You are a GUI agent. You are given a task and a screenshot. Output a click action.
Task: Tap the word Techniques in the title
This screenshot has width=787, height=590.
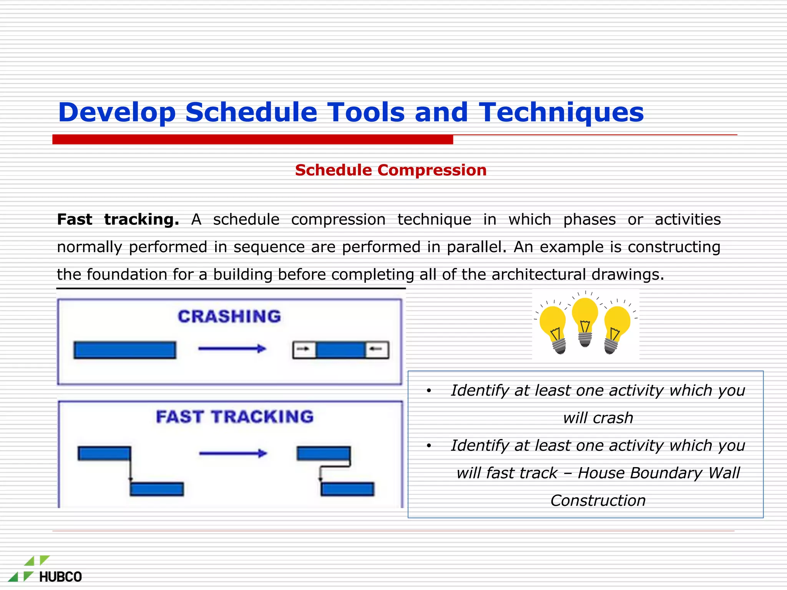[x=561, y=112]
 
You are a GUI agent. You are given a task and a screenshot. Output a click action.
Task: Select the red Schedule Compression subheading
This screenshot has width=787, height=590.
[x=390, y=170]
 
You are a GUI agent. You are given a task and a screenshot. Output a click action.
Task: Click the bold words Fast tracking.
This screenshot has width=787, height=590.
[x=118, y=220]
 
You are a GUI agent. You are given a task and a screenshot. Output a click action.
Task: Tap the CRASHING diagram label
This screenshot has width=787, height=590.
[x=229, y=317]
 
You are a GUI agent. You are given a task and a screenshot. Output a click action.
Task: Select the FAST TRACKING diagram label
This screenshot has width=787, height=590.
[x=235, y=417]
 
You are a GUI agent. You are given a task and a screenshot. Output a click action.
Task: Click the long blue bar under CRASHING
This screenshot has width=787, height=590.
[x=125, y=350]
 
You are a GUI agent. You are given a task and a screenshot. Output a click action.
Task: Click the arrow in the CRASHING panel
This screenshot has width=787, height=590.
[x=232, y=349]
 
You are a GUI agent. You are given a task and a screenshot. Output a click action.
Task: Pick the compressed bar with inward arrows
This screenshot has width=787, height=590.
[x=340, y=350]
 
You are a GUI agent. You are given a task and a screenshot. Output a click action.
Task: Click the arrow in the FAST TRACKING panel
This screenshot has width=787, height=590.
[x=233, y=454]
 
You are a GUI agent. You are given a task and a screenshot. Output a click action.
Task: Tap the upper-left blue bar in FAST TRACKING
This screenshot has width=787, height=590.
[x=104, y=453]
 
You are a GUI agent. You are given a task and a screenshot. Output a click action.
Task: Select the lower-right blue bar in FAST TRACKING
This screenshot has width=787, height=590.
[x=347, y=489]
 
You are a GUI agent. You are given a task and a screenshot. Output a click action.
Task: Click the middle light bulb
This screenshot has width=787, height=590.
[x=585, y=321]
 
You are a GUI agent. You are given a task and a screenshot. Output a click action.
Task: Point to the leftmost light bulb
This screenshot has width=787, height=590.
[x=553, y=329]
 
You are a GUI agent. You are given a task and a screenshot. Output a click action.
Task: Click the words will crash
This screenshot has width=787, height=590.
[x=598, y=418]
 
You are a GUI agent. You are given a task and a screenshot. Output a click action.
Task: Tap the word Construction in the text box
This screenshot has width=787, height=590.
[x=598, y=501]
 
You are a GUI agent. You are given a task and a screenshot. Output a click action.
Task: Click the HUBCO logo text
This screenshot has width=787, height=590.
[x=60, y=577]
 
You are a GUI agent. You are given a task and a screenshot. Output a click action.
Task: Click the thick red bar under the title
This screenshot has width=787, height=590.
[x=252, y=139]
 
